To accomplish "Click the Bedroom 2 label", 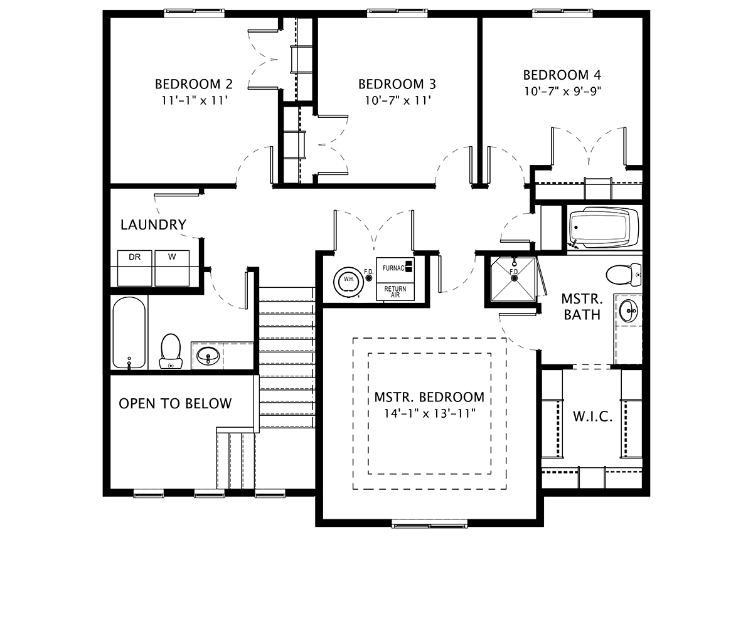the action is pos(194,85).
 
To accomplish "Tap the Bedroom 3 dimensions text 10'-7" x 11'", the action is pos(398,100).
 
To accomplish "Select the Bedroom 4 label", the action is pos(562,75).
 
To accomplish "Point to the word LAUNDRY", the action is pos(153,225).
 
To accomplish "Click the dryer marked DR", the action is pos(134,268).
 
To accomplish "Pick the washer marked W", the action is pos(172,268).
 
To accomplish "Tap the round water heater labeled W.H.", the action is pos(349,280).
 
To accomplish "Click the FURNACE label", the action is pos(395,268).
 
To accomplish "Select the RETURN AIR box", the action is pos(395,292).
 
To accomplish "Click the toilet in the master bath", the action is pos(624,275).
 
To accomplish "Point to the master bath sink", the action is pos(628,310).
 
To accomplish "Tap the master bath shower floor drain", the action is pos(515,278).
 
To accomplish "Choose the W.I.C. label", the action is pos(593,416).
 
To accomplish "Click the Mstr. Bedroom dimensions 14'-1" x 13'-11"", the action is pos(430,414).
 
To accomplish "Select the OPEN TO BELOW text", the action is pos(175,403).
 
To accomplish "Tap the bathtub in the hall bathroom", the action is pos(129,332).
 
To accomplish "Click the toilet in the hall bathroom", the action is pos(171,351).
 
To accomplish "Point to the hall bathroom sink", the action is pos(208,356).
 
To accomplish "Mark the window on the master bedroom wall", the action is pos(429,525).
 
